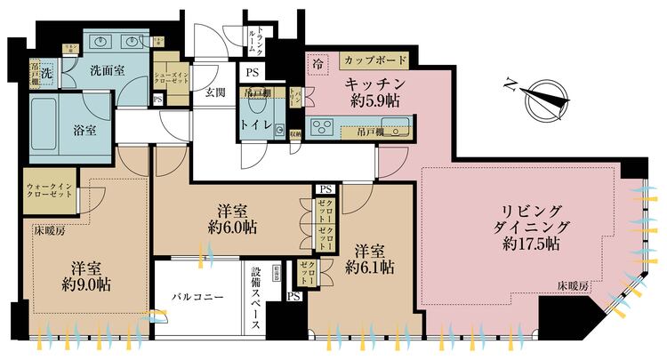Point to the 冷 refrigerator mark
pyautogui.click(x=317, y=63)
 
